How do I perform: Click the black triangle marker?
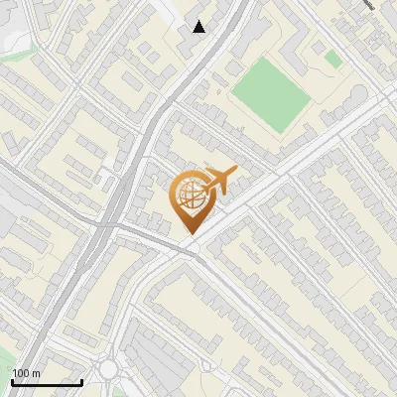click(x=199, y=27)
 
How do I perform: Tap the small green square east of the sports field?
click(x=333, y=60)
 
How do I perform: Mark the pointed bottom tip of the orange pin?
click(x=189, y=234)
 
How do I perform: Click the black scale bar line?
click(x=47, y=382)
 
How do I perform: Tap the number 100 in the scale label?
click(x=22, y=373)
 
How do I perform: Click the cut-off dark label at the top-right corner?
click(x=383, y=6)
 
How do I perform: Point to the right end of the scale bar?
click(x=81, y=382)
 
